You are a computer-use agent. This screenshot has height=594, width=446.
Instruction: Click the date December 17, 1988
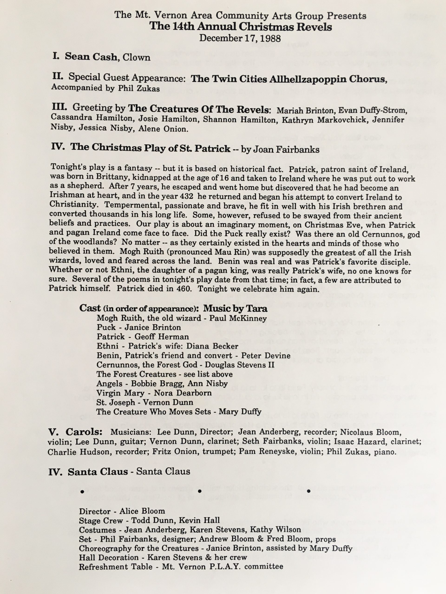(x=240, y=38)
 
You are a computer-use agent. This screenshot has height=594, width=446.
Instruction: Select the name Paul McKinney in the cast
(x=238, y=319)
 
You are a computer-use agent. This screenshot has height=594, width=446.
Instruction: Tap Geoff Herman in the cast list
(x=162, y=337)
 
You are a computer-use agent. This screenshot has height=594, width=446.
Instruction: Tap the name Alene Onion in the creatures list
(x=162, y=129)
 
